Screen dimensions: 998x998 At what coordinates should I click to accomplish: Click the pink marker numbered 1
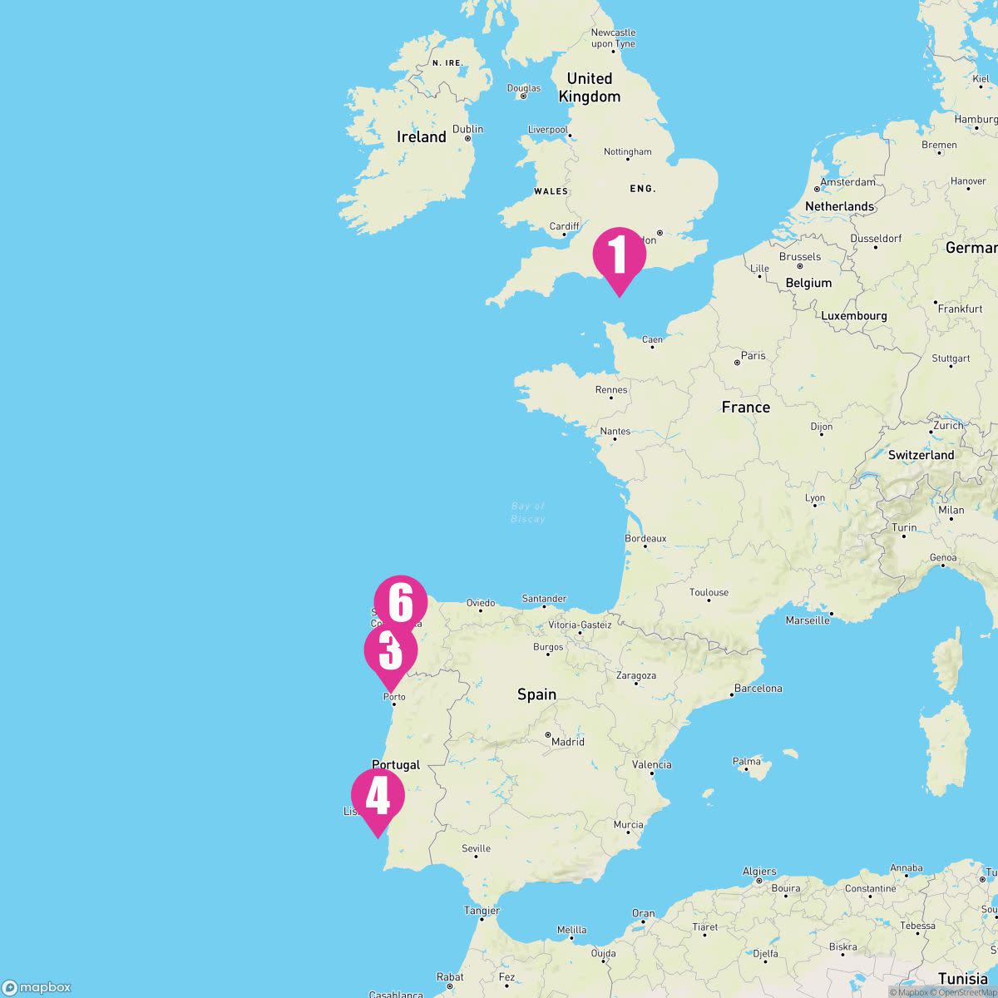tap(619, 255)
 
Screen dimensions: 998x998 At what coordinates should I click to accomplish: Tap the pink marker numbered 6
tap(400, 603)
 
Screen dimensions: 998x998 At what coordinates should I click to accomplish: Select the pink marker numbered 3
tap(390, 651)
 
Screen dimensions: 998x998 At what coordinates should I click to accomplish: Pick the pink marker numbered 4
tap(378, 796)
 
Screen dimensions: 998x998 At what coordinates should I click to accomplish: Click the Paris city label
tap(753, 356)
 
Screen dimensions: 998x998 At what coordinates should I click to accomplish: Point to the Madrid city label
tap(568, 742)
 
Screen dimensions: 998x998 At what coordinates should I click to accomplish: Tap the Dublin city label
tap(467, 130)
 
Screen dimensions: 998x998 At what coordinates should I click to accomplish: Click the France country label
tap(745, 407)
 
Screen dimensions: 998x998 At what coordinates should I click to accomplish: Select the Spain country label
tap(536, 694)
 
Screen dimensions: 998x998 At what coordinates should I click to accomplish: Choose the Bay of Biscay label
tap(528, 512)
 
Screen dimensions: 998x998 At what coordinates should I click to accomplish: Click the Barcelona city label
tap(758, 689)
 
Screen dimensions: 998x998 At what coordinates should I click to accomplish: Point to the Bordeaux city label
tap(645, 538)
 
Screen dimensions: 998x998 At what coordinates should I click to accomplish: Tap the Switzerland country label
tap(921, 455)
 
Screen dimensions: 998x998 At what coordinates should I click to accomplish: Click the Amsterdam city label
tap(847, 182)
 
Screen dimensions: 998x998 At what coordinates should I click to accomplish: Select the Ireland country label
tap(422, 137)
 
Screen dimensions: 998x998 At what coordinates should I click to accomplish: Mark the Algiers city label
tap(759, 872)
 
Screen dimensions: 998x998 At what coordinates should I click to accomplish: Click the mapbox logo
tap(37, 987)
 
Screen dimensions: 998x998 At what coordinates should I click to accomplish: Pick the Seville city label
tap(476, 849)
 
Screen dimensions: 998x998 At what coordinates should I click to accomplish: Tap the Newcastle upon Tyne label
tap(613, 38)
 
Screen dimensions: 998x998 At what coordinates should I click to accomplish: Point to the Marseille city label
tap(808, 620)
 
